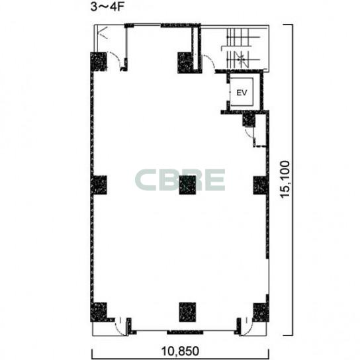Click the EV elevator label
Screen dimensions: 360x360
(x=242, y=93)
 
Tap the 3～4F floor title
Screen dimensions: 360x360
(x=107, y=7)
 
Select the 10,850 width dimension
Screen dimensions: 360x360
(x=180, y=351)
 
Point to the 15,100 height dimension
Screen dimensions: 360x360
(x=285, y=179)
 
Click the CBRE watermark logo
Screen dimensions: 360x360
(x=180, y=180)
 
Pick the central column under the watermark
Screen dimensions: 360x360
(x=187, y=185)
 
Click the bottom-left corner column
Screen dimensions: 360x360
(x=99, y=312)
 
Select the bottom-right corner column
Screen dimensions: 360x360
(x=261, y=312)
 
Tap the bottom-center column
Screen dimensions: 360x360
(x=187, y=312)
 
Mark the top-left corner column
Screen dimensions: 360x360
(x=99, y=62)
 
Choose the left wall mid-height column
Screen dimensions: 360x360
(x=99, y=185)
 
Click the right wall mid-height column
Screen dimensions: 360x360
(x=261, y=185)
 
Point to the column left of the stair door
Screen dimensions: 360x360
(x=185, y=63)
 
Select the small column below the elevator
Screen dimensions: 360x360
(x=249, y=120)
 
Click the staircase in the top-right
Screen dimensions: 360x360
(x=244, y=48)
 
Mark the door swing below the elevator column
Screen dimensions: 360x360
(x=249, y=134)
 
